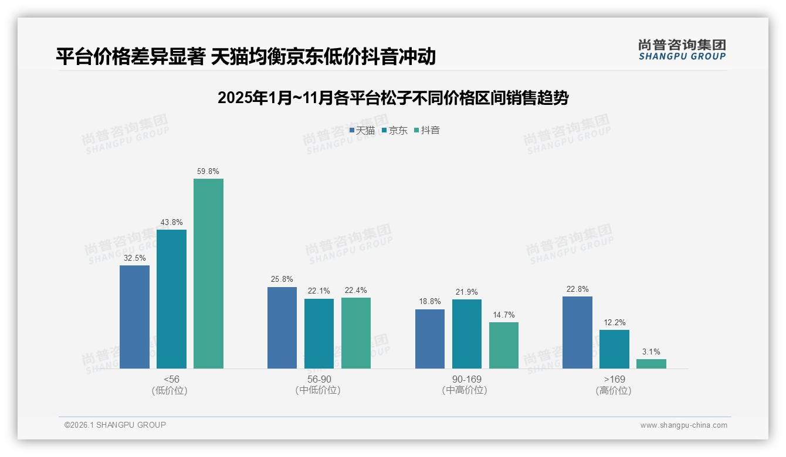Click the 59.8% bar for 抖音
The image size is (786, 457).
click(208, 273)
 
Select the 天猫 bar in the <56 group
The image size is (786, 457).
click(134, 316)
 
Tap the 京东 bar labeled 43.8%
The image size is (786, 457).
click(171, 299)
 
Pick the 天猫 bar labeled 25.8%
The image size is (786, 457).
click(282, 328)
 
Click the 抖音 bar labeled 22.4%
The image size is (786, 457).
click(356, 333)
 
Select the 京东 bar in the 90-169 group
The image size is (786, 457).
click(467, 333)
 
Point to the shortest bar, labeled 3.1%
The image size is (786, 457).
click(651, 364)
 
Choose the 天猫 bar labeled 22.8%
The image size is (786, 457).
click(577, 332)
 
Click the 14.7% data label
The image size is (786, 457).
click(504, 315)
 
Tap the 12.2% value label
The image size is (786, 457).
click(615, 323)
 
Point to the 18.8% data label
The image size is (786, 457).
click(430, 302)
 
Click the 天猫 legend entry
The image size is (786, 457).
click(362, 131)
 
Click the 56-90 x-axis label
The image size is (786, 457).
click(318, 380)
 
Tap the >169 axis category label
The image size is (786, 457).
click(614, 380)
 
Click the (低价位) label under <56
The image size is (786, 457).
click(170, 391)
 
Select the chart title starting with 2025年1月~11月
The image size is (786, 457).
click(393, 98)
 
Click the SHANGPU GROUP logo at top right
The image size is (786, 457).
click(682, 50)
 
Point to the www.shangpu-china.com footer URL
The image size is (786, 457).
click(683, 425)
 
